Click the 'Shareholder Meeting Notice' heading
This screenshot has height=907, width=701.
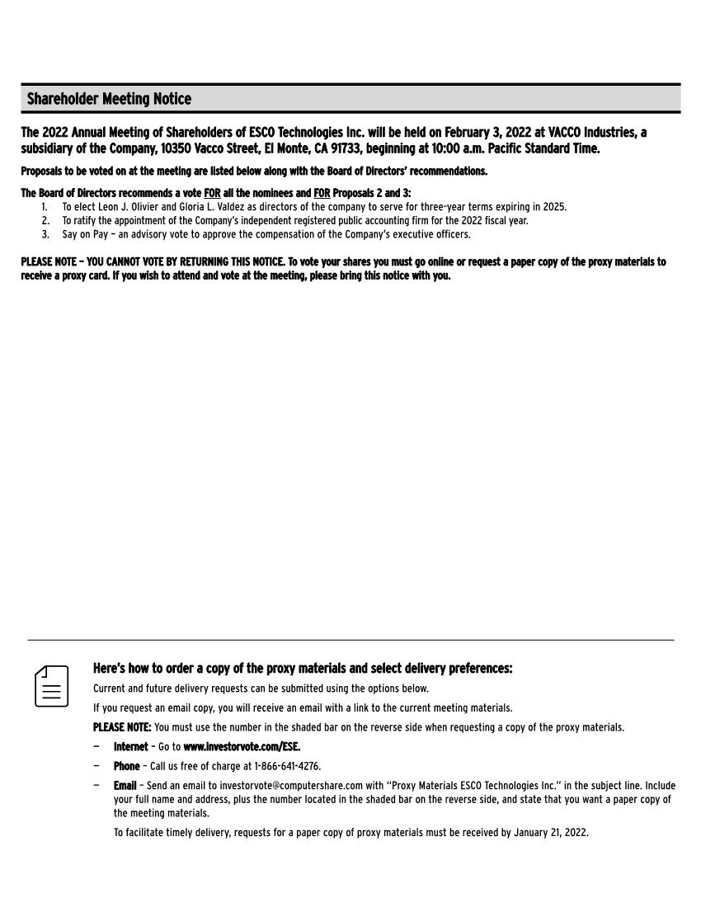[x=109, y=99]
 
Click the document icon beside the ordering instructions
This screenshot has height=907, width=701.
[x=51, y=686]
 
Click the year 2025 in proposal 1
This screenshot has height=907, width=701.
[x=555, y=207]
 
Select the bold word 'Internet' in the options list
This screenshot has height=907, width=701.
[x=131, y=746]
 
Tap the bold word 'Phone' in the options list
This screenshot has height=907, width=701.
[x=126, y=766]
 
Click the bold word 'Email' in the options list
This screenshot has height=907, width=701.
[x=125, y=786]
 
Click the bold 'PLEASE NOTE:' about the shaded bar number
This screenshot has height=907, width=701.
[x=122, y=727]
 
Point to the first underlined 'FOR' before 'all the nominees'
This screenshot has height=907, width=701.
[x=212, y=193]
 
